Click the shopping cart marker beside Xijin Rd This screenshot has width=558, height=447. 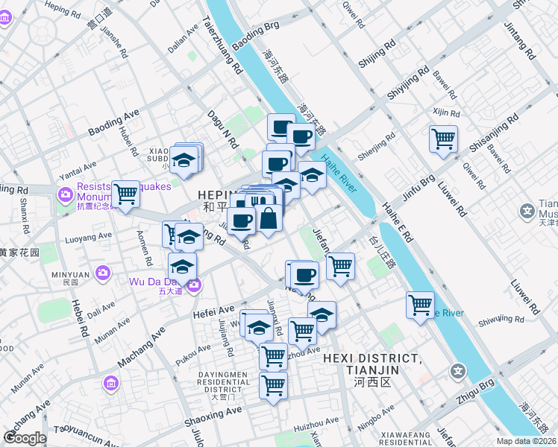pyautogui.click(x=443, y=139)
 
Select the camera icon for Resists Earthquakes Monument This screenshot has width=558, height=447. pyautogui.click(x=64, y=195)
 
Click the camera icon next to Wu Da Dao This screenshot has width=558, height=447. pyautogui.click(x=194, y=284)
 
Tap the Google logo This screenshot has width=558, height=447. pyautogui.click(x=25, y=438)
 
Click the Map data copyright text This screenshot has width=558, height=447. pyautogui.click(x=527, y=441)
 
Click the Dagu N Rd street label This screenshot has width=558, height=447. pyautogui.click(x=222, y=128)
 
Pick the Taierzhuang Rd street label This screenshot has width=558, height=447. pyautogui.click(x=222, y=45)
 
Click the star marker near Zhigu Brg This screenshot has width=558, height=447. pyautogui.click(x=457, y=371)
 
